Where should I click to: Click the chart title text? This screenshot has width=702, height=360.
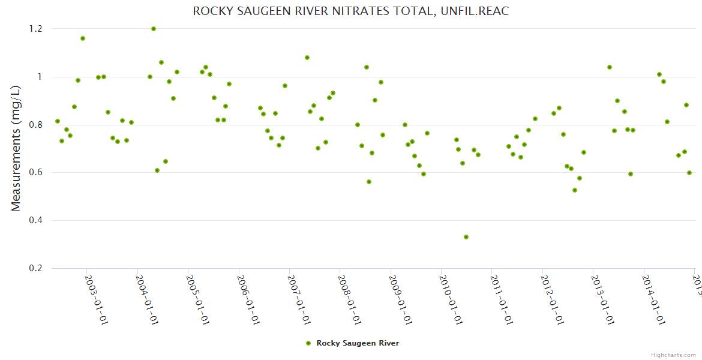[x=350, y=11]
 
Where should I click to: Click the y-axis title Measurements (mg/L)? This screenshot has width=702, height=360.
[x=16, y=148]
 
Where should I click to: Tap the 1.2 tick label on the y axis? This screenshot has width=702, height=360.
[x=35, y=29]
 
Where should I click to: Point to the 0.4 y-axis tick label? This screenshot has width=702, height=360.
[x=35, y=221]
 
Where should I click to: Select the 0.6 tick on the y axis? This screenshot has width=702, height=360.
[x=35, y=173]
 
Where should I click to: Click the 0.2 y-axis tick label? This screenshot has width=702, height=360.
[x=35, y=269]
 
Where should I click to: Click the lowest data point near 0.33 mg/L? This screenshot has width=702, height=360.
[x=466, y=237]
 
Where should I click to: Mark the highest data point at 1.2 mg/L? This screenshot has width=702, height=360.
[x=154, y=29]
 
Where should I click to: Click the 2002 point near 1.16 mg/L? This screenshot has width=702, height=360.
[x=83, y=38]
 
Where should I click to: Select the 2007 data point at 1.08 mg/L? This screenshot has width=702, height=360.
[x=307, y=58]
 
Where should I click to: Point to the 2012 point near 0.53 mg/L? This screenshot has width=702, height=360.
[x=575, y=190]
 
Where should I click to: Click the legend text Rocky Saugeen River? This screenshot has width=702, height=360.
[x=358, y=343]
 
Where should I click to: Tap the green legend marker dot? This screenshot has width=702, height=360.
[x=308, y=343]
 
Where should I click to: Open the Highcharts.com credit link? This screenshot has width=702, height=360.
[x=674, y=355]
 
